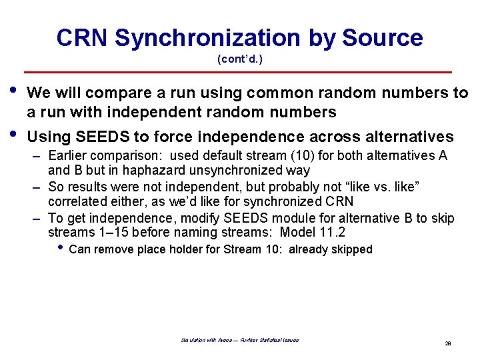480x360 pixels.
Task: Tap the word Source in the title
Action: pyautogui.click(x=383, y=38)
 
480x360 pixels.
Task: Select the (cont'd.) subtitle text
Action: pyautogui.click(x=240, y=59)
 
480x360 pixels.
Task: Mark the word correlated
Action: pyautogui.click(x=75, y=201)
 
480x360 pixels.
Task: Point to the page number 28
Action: pyautogui.click(x=448, y=343)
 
